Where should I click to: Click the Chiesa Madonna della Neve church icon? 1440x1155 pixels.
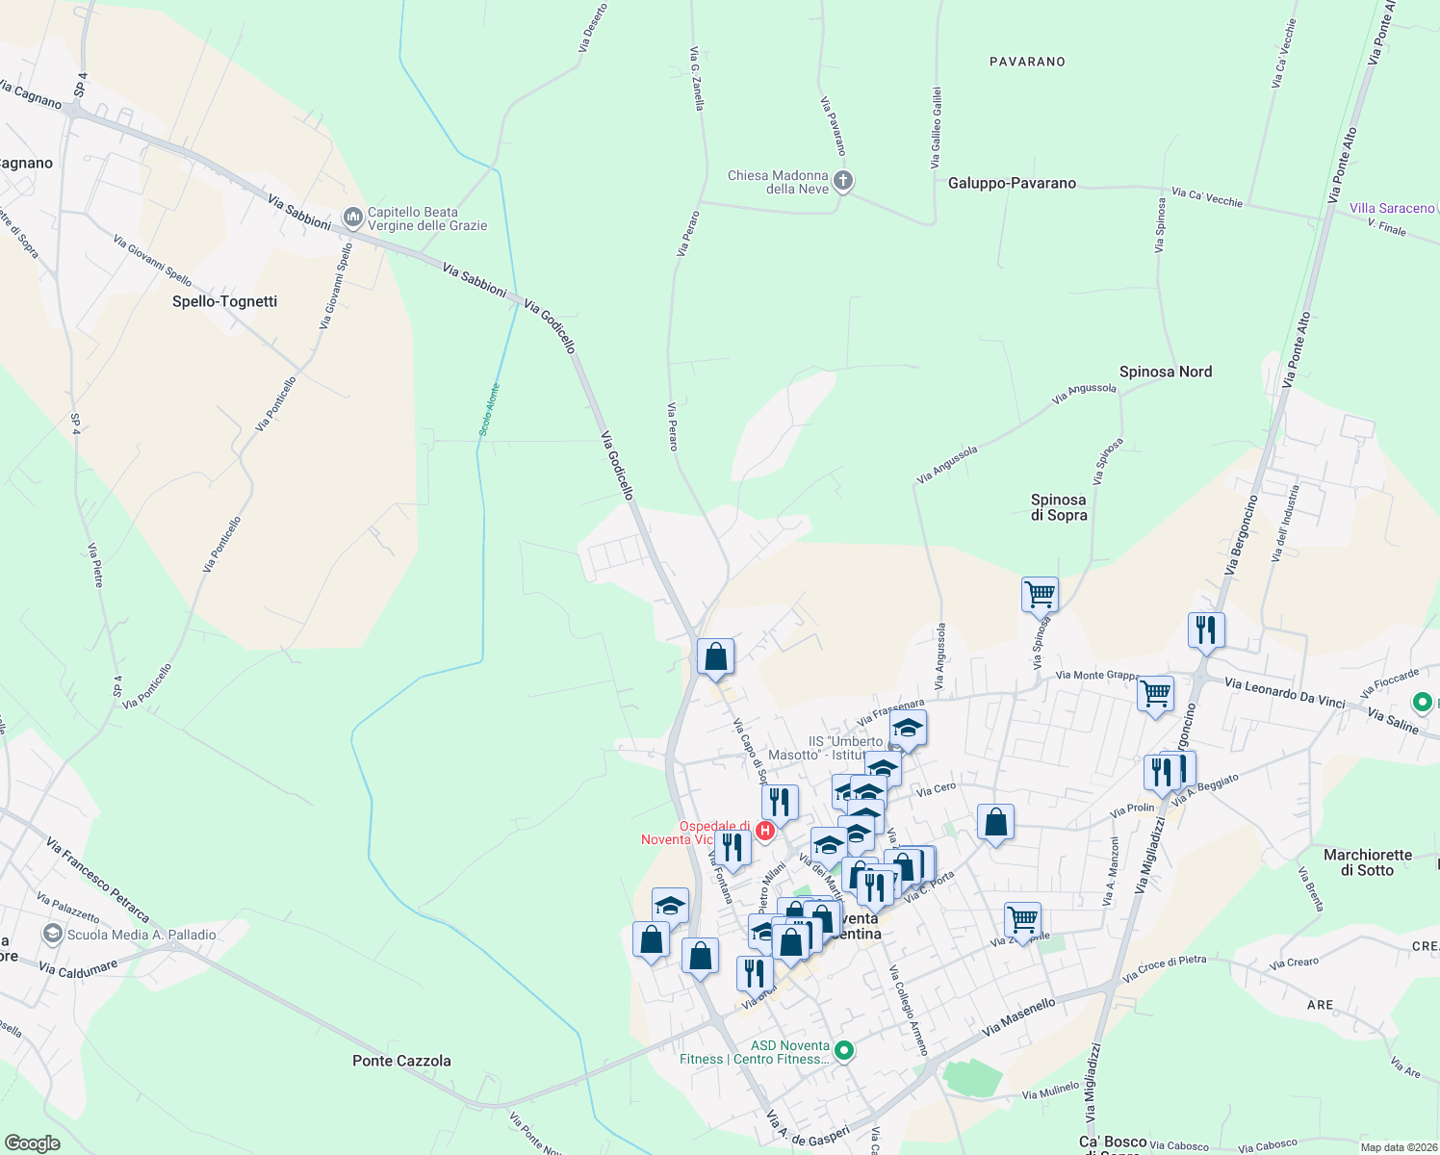tap(842, 181)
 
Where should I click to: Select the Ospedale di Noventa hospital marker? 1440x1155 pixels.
tap(765, 831)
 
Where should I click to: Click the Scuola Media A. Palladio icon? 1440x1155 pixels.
tap(52, 934)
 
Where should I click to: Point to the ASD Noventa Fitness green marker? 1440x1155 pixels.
tap(844, 1051)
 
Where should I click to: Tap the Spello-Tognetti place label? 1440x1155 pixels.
tap(224, 301)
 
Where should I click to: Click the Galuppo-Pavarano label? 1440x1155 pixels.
tap(1012, 183)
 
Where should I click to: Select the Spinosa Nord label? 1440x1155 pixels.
tap(1165, 372)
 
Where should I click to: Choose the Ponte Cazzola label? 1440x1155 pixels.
tap(401, 1061)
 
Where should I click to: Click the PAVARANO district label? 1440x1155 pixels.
tap(1027, 62)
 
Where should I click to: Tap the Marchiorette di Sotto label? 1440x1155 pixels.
tap(1367, 862)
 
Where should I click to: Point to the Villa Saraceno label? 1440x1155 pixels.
tap(1391, 208)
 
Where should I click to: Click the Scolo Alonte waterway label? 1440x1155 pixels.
tap(490, 410)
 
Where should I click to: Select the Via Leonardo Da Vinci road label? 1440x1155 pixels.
tap(1284, 692)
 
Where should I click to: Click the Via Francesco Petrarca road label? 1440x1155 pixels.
tap(97, 879)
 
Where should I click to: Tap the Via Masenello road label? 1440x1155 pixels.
tap(1018, 1016)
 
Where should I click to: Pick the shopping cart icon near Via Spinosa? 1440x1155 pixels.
tap(1040, 594)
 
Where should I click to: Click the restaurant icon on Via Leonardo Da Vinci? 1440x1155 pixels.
tap(1206, 629)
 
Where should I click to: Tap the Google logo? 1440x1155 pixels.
tap(33, 1143)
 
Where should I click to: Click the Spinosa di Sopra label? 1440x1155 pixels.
tap(1058, 507)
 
